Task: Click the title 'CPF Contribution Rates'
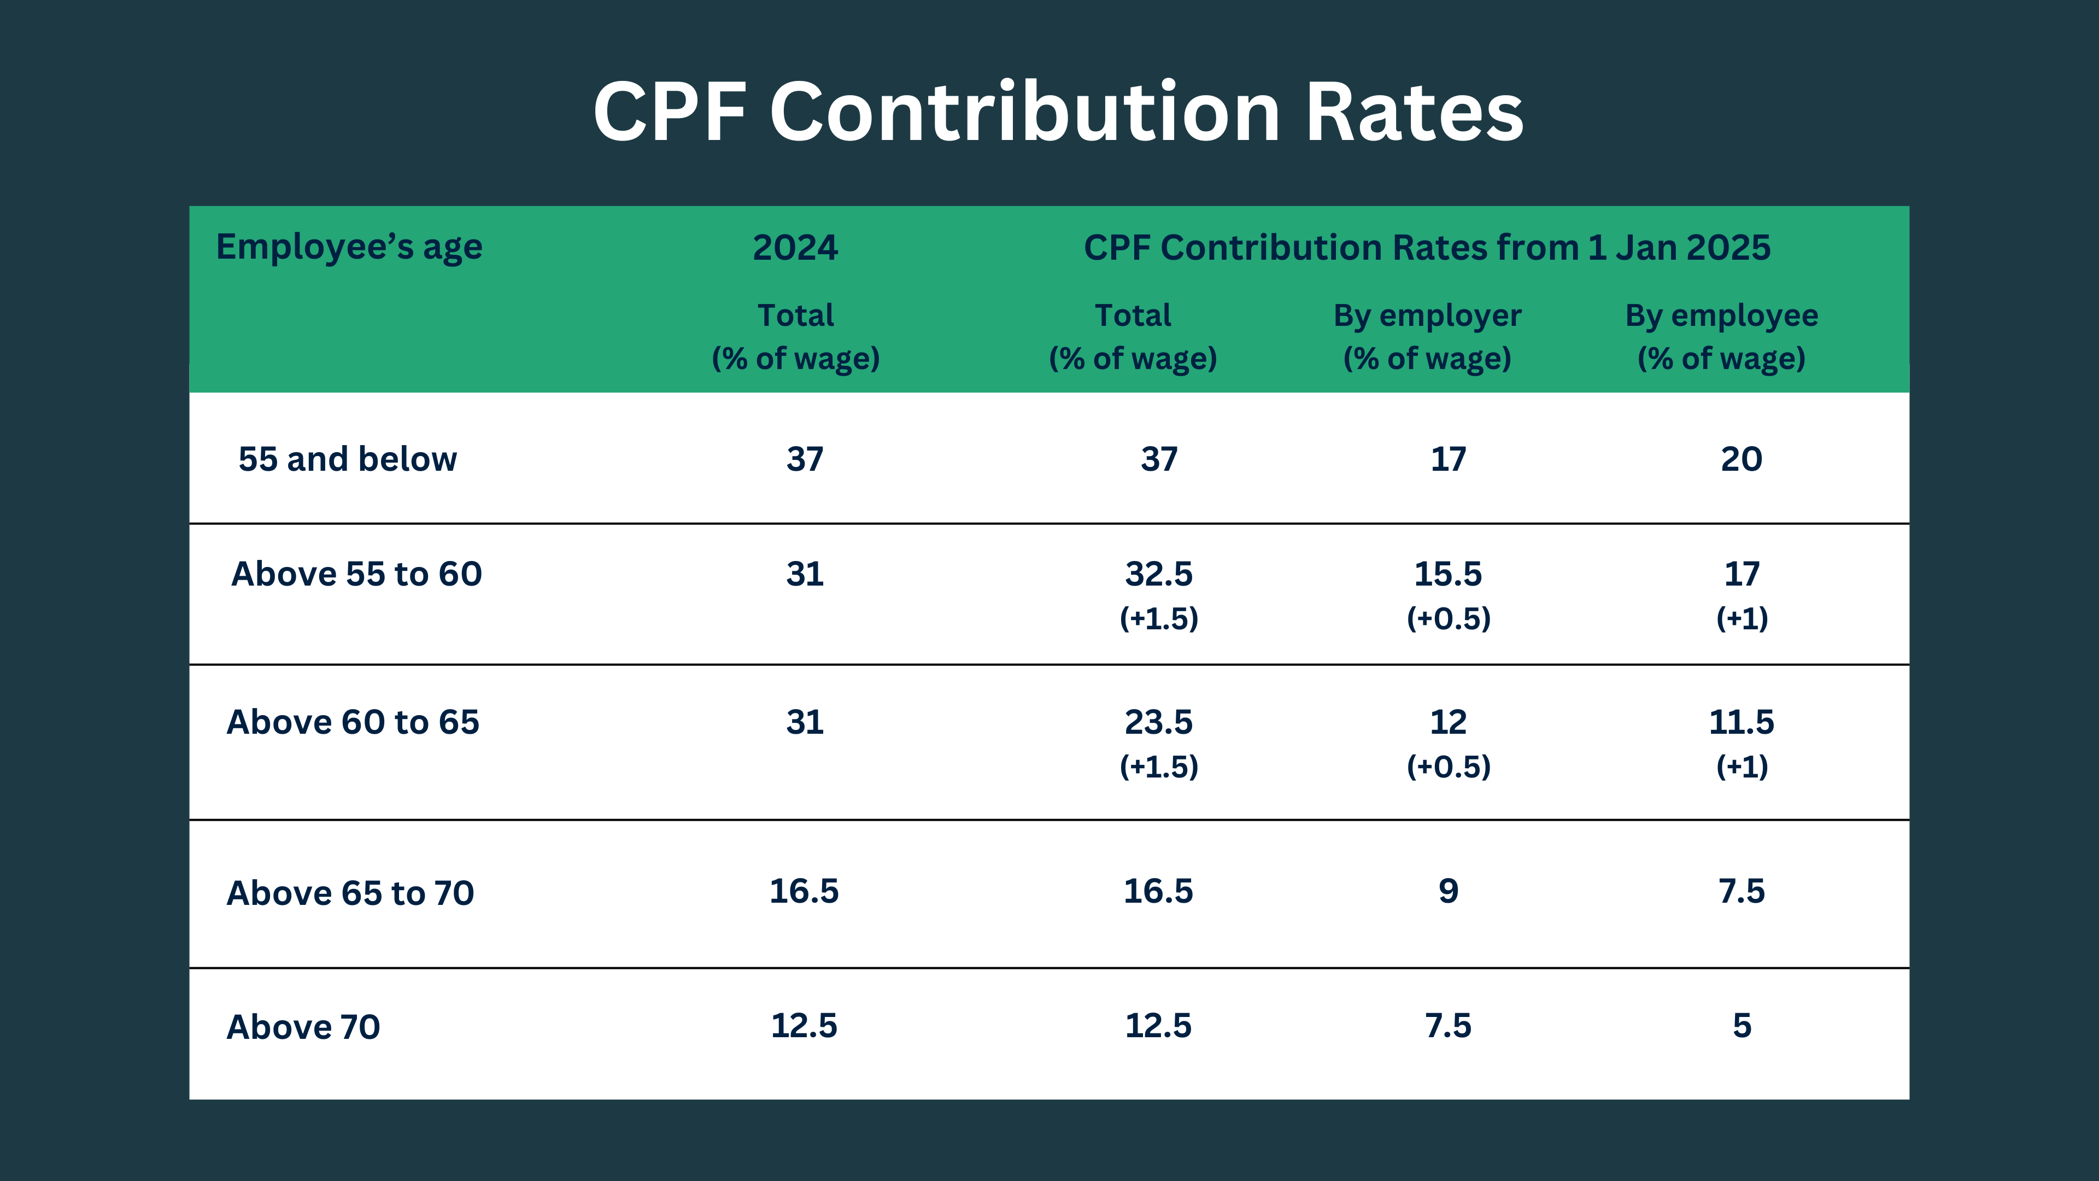[x=1058, y=113]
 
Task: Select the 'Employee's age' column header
[x=349, y=247]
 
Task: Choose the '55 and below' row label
[x=347, y=459]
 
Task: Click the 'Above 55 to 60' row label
[x=356, y=574]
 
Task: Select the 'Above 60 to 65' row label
[x=353, y=722]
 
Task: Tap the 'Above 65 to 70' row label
[x=350, y=893]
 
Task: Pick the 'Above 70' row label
[x=303, y=1027]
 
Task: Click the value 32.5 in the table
[x=1158, y=574]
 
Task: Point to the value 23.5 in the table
[x=1158, y=722]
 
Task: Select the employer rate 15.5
[x=1448, y=574]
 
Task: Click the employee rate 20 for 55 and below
[x=1742, y=459]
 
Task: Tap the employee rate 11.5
[x=1742, y=722]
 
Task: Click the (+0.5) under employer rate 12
[x=1448, y=766]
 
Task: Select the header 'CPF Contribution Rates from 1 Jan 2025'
[x=1427, y=248]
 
